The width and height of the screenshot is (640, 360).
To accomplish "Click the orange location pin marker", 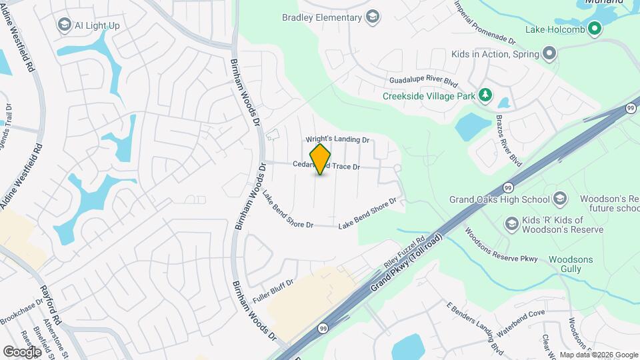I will [321, 159].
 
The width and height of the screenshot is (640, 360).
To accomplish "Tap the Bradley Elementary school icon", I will [373, 17].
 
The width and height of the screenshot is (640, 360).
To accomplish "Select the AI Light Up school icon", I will [65, 25].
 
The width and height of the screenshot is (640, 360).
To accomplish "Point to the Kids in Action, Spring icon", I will [549, 53].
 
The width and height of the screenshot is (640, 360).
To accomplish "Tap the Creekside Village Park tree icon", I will [486, 95].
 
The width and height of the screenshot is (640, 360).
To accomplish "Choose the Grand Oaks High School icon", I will [560, 199].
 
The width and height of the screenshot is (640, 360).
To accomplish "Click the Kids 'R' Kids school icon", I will [512, 223].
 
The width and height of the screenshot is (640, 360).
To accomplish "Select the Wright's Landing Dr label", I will [337, 140].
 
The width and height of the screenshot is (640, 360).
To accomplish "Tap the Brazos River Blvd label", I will [509, 140].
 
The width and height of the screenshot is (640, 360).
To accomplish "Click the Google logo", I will [21, 351].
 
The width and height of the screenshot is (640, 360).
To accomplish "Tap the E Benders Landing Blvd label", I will [475, 327].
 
